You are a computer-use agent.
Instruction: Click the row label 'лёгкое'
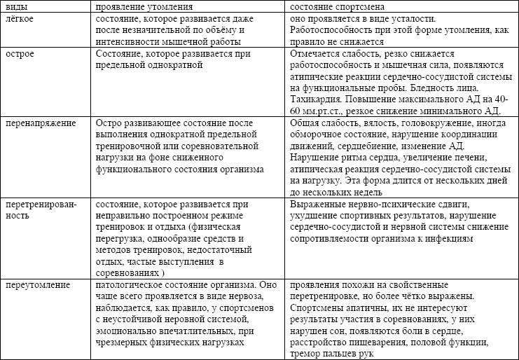pyautogui.click(x=20, y=18)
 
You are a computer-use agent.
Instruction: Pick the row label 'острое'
pyautogui.click(x=20, y=54)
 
